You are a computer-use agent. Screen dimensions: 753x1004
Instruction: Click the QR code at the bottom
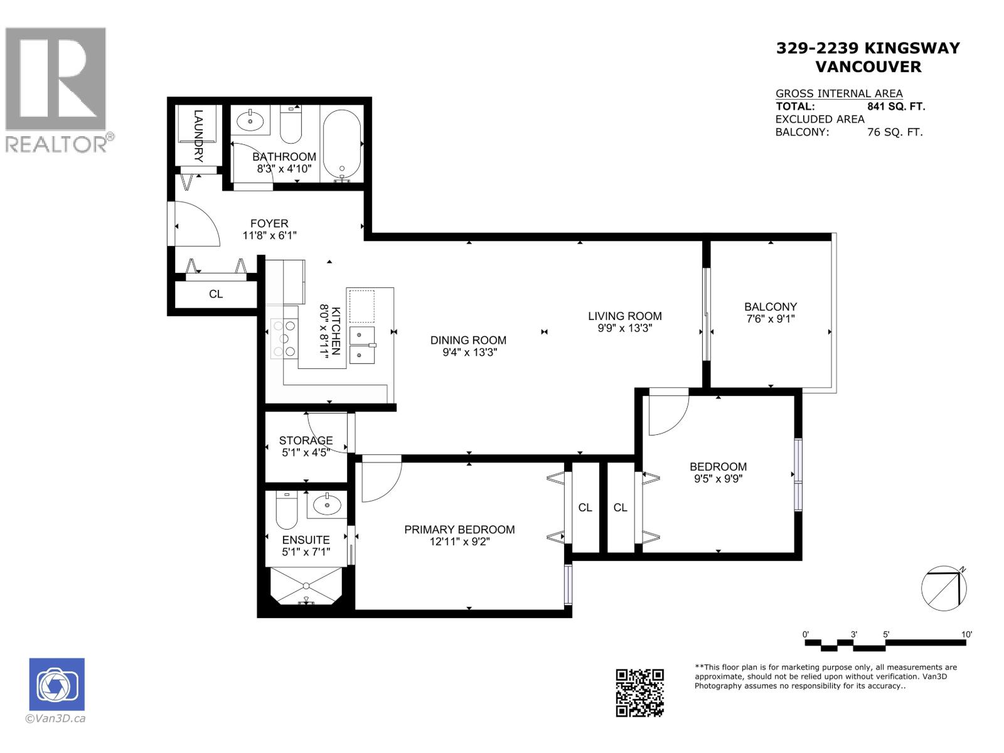pos(639,692)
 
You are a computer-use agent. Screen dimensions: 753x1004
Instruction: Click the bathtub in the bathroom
pos(341,143)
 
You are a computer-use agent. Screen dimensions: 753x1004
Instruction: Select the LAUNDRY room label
pos(198,136)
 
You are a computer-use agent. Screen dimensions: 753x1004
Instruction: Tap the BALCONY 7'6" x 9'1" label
pos(771,312)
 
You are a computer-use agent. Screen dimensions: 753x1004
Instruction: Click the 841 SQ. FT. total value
pos(896,107)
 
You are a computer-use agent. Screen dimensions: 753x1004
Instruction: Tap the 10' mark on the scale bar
pos(966,634)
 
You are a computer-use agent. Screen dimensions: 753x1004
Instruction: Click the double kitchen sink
pos(361,344)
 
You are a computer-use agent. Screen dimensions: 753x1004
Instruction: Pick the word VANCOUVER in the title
pos(868,67)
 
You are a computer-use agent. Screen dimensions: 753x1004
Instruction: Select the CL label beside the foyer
pos(216,294)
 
